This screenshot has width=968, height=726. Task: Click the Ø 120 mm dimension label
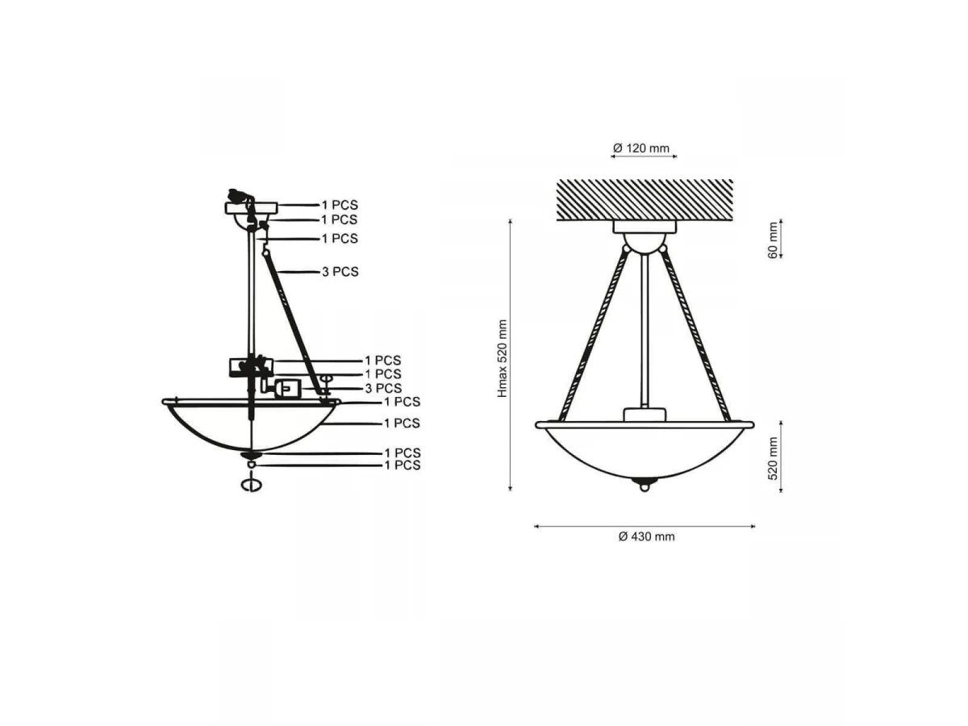640,148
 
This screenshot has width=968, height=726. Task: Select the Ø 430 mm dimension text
646,536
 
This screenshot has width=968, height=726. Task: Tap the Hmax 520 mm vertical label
503,358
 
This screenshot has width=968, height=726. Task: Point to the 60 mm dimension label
773,240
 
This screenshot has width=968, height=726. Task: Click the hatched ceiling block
645,200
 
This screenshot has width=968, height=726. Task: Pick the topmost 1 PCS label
339,205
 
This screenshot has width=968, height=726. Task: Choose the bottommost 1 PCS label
403,465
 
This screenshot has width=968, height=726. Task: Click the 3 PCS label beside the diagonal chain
340,272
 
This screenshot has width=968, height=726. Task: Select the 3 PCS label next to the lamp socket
383,388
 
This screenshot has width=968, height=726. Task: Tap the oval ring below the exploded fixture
251,485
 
